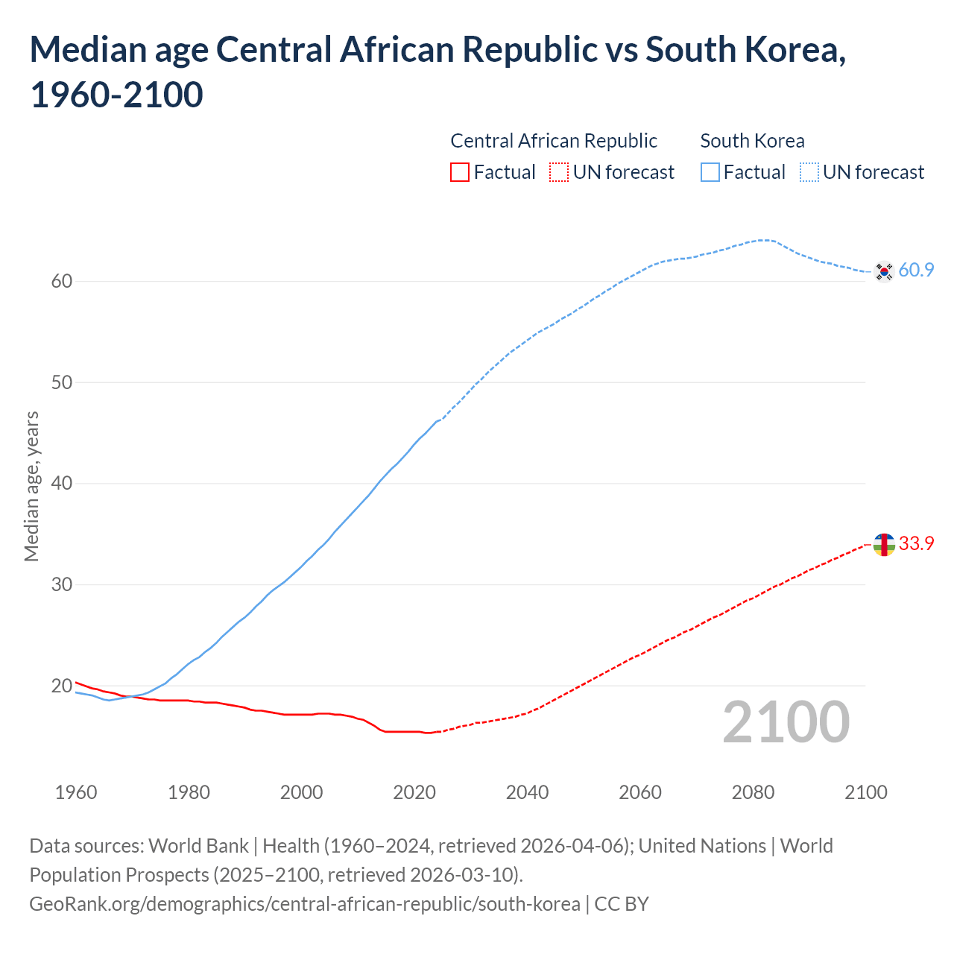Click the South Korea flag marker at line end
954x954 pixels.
(884, 271)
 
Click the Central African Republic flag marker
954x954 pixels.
(884, 545)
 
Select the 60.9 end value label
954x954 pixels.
(916, 271)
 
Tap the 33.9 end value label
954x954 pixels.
(916, 544)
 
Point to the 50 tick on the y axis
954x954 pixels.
(62, 383)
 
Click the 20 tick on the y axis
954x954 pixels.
(62, 686)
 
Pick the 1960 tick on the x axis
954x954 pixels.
(76, 792)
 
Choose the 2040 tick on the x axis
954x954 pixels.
(527, 792)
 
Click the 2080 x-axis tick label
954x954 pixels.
(753, 792)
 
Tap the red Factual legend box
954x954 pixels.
(460, 173)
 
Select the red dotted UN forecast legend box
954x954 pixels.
(559, 173)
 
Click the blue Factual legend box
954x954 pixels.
(710, 173)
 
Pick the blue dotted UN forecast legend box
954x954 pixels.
(809, 173)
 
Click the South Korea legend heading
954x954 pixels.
(752, 141)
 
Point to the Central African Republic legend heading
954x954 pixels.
(554, 141)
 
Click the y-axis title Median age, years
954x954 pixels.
(31, 486)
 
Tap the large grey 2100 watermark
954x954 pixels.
(786, 722)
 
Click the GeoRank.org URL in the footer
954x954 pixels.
(304, 904)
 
